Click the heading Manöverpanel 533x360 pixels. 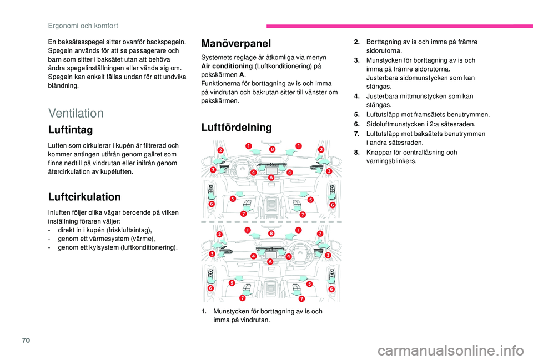[x=235, y=43]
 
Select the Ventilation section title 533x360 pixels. [x=76, y=113]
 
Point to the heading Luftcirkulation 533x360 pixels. [x=84, y=197]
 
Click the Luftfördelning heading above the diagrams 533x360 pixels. [x=237, y=128]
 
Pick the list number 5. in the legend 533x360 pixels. [x=357, y=114]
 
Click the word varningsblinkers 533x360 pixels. [x=391, y=161]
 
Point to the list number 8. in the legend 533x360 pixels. [x=357, y=152]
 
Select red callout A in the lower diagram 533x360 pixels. [x=270, y=261]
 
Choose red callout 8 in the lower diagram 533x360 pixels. [x=271, y=234]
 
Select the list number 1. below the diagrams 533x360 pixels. [x=205, y=311]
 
